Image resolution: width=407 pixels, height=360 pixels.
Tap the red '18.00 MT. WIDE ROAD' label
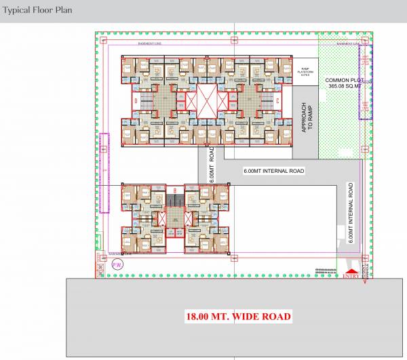pos(239,317)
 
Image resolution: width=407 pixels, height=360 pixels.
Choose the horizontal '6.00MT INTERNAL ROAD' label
pos(274,171)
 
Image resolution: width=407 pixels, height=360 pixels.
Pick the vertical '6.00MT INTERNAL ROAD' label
pos(350,212)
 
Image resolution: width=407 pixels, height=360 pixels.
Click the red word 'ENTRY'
pos(351,275)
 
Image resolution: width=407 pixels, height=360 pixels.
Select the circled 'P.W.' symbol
pos(117,266)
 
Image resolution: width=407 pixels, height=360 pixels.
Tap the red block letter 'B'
pos(176,190)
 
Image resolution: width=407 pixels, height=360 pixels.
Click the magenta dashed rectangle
pos(104,173)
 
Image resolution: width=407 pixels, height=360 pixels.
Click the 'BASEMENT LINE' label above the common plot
pos(347,43)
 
